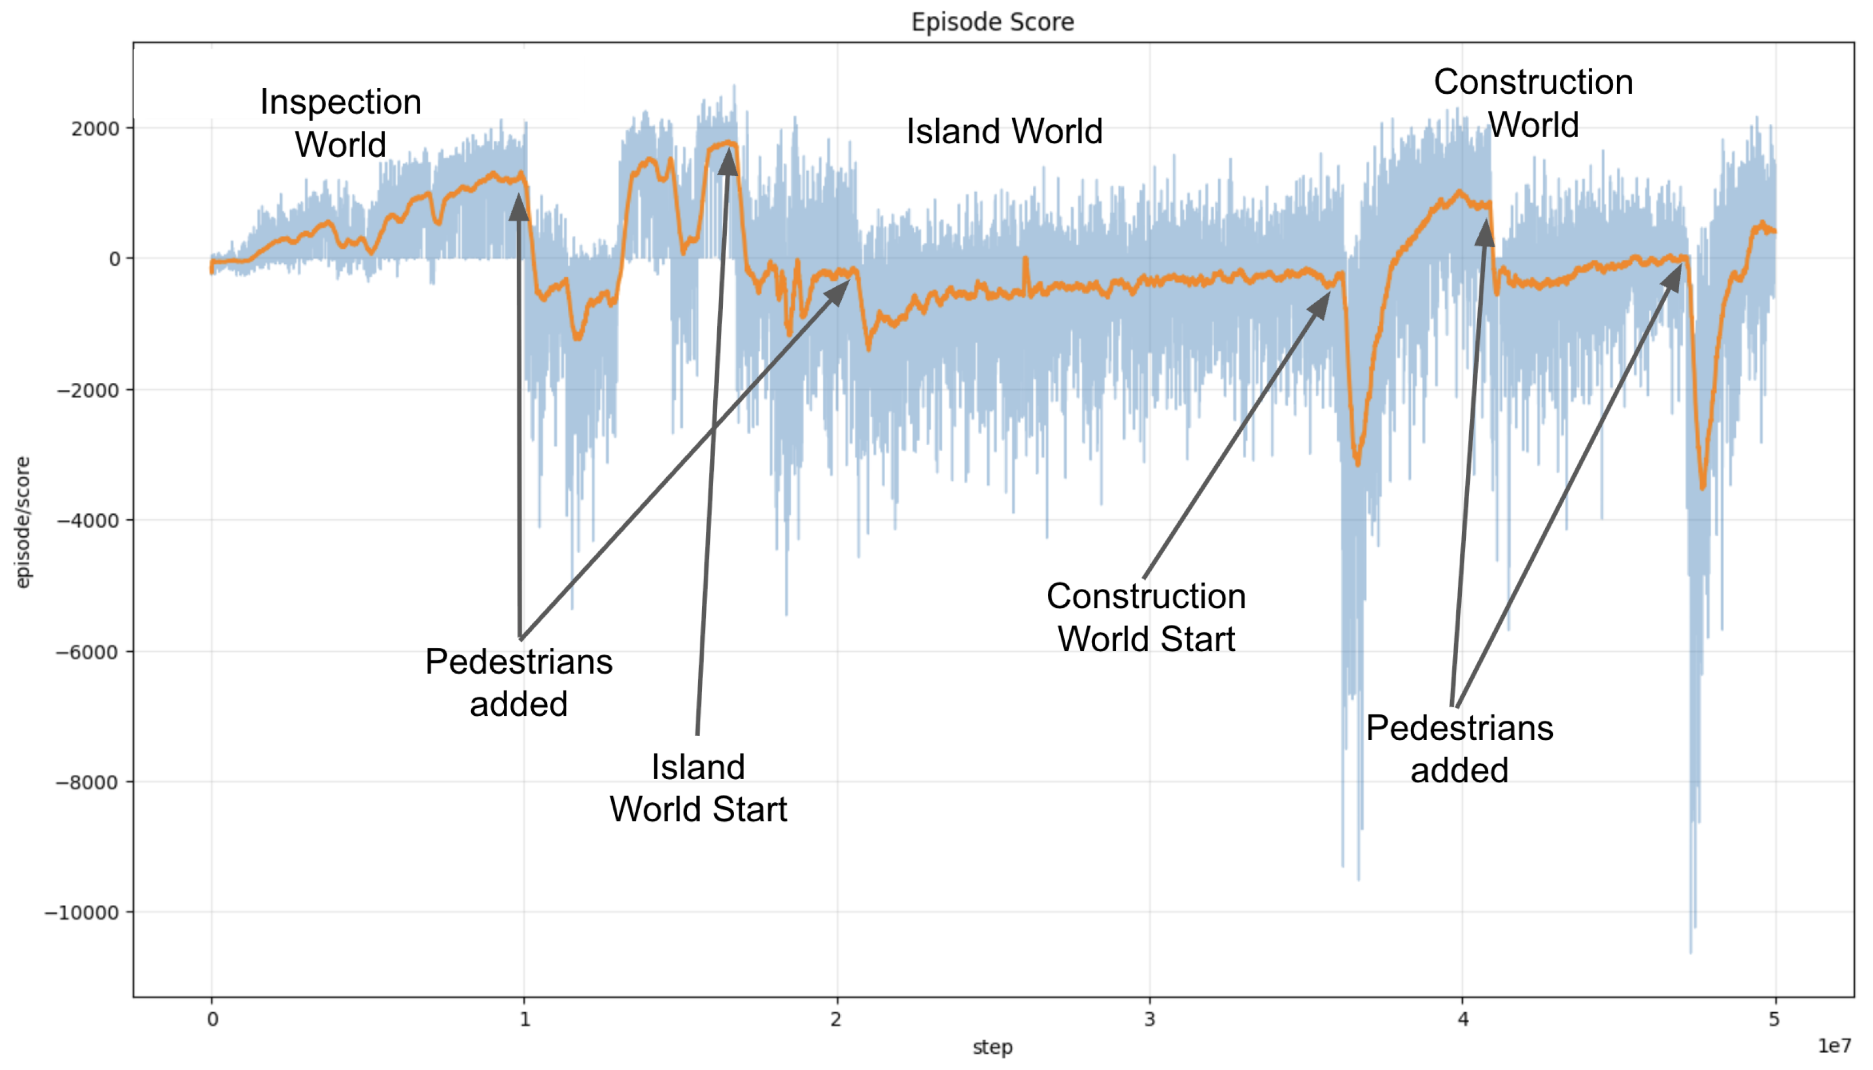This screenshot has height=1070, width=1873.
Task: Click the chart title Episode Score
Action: [x=992, y=22]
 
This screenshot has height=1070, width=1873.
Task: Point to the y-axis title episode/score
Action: [x=23, y=523]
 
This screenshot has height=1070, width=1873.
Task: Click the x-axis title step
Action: [x=992, y=1046]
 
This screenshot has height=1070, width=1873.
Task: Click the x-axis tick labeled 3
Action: [x=1149, y=1019]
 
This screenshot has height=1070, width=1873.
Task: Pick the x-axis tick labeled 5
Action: [x=1775, y=1019]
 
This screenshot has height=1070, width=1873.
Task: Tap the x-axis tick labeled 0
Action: [x=212, y=1019]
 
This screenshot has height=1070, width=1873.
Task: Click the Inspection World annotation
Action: [x=340, y=123]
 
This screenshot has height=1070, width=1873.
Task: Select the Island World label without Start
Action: [x=1004, y=131]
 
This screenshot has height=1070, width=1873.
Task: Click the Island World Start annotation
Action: [x=698, y=788]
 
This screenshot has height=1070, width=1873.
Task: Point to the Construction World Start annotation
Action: [x=1146, y=618]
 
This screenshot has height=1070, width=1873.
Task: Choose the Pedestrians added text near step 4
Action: [x=1459, y=749]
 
